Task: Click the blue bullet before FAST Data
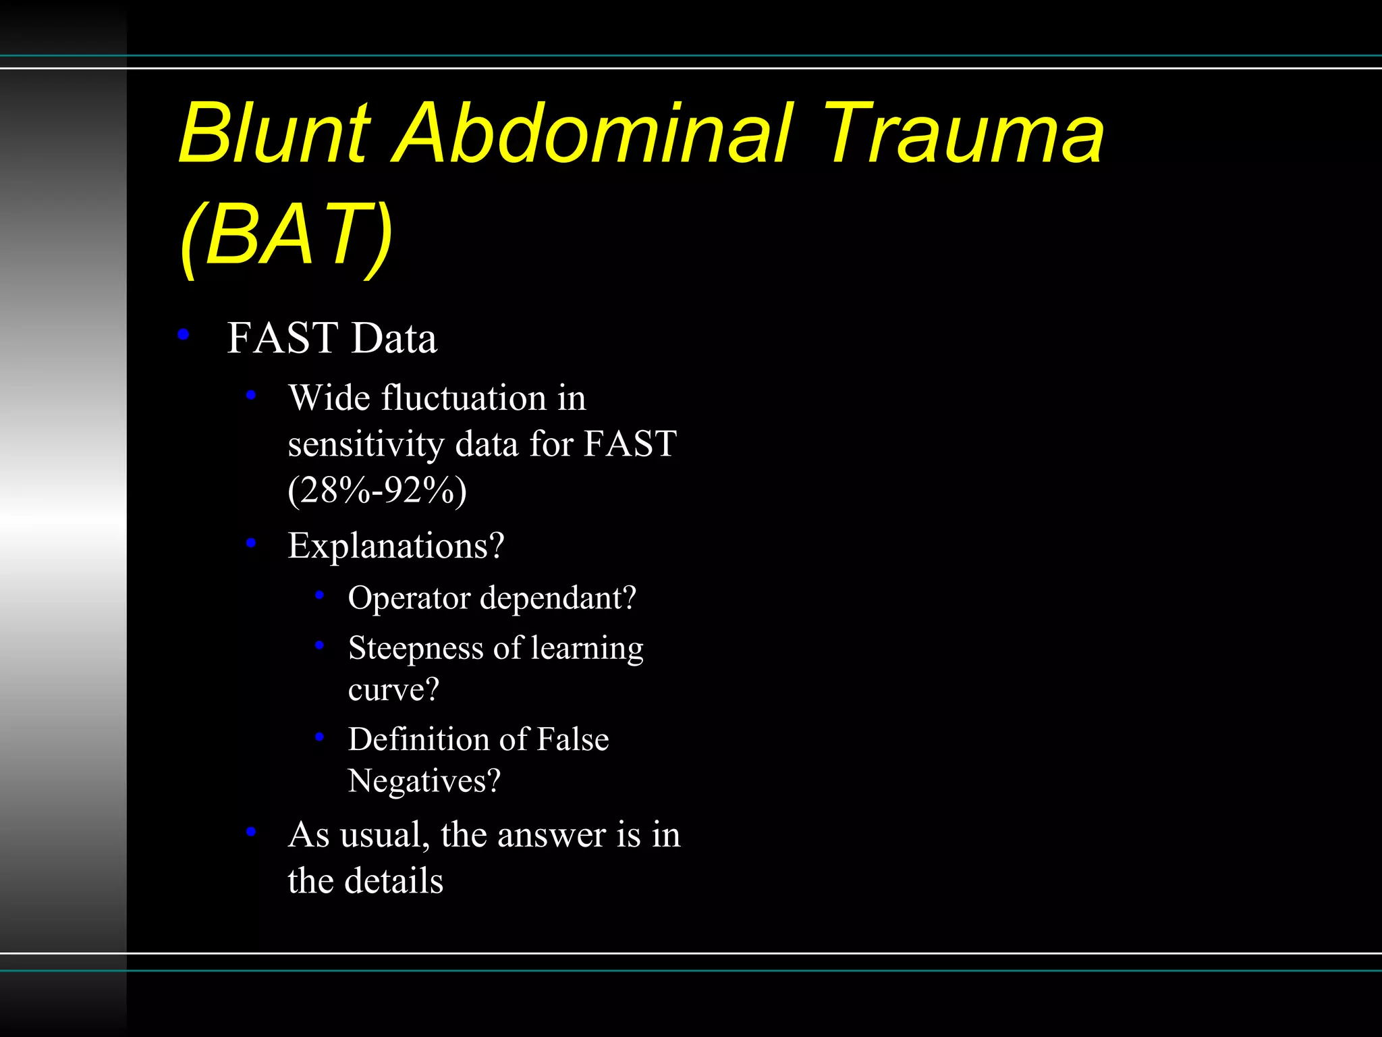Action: pyautogui.click(x=183, y=334)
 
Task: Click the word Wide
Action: pyautogui.click(x=329, y=398)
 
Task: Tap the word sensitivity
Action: pyautogui.click(x=366, y=444)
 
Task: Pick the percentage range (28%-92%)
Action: pyautogui.click(x=377, y=490)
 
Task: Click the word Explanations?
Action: pyautogui.click(x=396, y=546)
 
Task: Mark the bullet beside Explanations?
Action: pyautogui.click(x=251, y=542)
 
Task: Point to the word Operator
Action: pyautogui.click(x=409, y=598)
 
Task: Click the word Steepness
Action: pyautogui.click(x=416, y=648)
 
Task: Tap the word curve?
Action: pyautogui.click(x=393, y=690)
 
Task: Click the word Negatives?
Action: pyautogui.click(x=424, y=781)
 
